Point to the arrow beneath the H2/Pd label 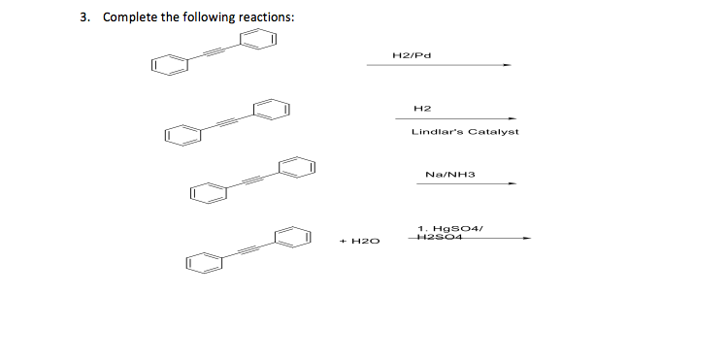coord(438,66)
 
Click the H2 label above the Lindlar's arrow coord(421,108)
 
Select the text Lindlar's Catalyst coord(465,131)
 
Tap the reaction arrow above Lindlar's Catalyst coord(464,119)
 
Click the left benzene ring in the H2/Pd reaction coord(167,66)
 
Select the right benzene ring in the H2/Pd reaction coord(260,40)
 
